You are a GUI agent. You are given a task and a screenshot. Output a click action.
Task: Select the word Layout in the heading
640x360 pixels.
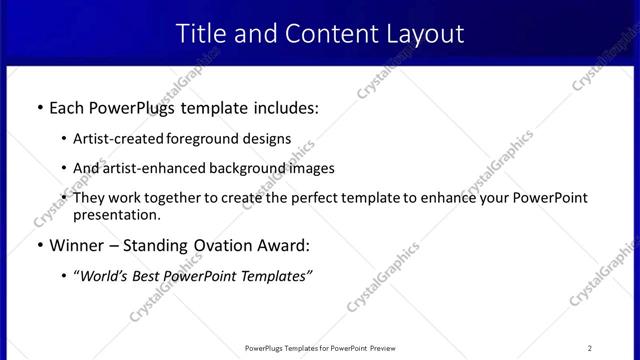click(422, 33)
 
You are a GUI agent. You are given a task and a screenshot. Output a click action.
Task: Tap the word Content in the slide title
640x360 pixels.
click(325, 33)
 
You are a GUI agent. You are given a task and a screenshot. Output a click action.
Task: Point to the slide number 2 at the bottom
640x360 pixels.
click(590, 348)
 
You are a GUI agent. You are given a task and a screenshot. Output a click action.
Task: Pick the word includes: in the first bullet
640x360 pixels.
click(282, 107)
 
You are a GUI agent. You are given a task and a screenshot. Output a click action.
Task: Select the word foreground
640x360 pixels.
click(205, 139)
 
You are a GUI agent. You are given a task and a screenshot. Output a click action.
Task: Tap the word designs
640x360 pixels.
click(268, 139)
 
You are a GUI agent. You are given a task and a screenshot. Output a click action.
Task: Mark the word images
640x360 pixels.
click(312, 168)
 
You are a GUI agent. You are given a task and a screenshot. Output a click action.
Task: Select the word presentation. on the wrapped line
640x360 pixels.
click(116, 214)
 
